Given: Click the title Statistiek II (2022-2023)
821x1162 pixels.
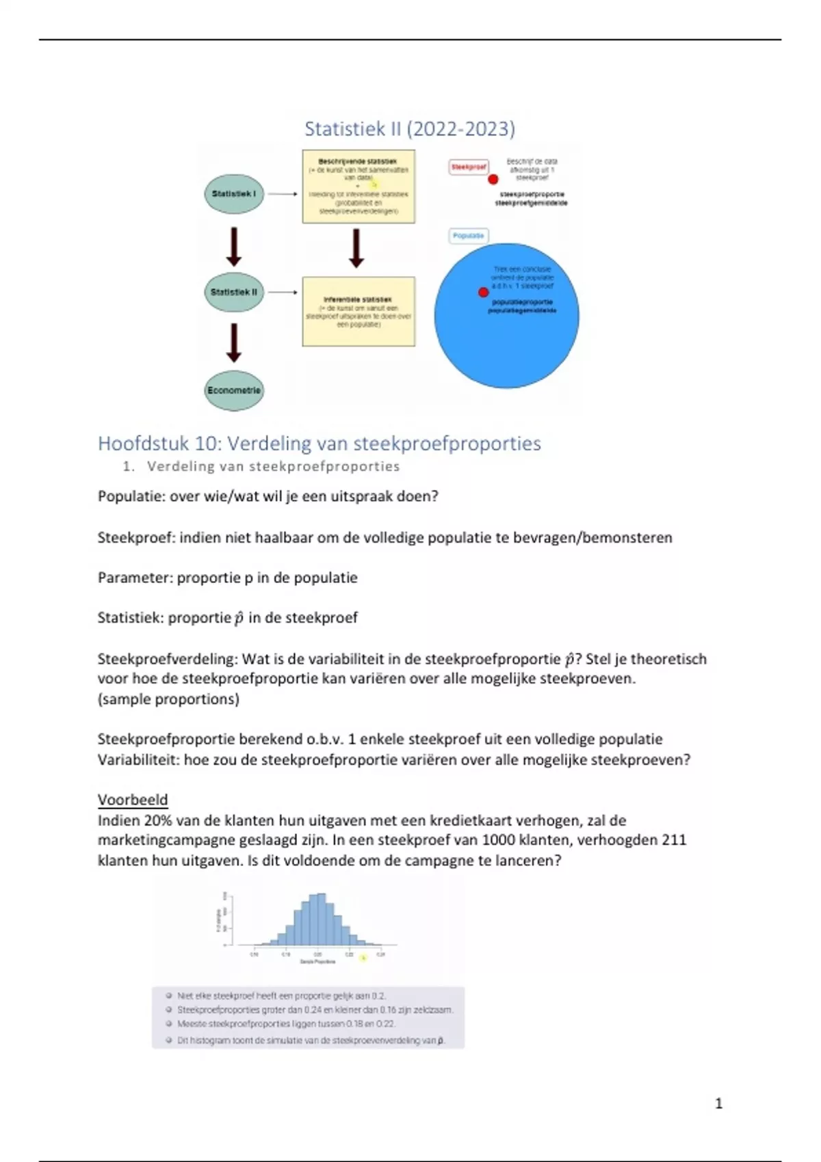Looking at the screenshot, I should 409,129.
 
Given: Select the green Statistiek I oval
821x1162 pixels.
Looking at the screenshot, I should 234,194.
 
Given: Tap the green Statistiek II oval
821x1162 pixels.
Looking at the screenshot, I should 234,293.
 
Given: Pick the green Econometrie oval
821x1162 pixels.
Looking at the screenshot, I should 234,390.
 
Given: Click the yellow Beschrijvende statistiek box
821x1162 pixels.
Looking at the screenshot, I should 359,186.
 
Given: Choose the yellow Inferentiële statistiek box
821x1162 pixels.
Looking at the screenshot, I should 359,312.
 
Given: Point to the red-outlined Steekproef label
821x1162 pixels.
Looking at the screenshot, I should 469,167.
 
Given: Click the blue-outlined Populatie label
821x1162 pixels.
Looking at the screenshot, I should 469,236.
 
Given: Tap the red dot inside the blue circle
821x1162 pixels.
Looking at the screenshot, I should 483,293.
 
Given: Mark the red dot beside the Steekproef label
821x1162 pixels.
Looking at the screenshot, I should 493,179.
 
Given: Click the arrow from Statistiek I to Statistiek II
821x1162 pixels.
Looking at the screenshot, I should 234,246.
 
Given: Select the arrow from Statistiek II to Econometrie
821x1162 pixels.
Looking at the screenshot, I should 234,342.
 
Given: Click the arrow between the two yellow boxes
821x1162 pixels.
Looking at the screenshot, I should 356,247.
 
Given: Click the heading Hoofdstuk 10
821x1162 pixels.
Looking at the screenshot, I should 319,444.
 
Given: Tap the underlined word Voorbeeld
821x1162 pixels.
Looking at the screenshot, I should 133,800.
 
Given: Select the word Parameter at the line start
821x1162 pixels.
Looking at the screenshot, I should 134,578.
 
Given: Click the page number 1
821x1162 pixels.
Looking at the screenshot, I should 718,1103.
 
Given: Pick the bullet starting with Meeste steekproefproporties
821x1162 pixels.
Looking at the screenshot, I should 286,1024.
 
